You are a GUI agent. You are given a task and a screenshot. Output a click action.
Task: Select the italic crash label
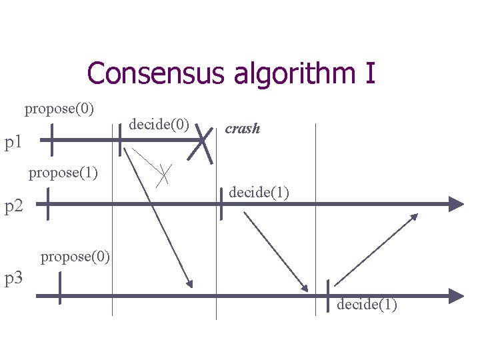click(242, 129)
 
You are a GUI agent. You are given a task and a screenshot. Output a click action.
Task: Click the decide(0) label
click(159, 124)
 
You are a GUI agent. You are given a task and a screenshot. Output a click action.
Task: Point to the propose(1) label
click(63, 174)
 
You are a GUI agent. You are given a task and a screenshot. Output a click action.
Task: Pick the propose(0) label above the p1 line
click(59, 108)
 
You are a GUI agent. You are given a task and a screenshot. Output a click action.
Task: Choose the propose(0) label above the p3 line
click(75, 256)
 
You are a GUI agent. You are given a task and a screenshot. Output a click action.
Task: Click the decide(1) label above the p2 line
click(259, 193)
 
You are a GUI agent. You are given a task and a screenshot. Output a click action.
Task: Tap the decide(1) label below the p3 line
click(367, 305)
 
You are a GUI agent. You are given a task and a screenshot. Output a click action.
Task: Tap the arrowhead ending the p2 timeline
click(457, 204)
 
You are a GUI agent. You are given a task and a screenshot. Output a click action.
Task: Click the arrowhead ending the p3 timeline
click(457, 295)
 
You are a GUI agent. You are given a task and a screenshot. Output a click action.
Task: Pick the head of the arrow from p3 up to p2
click(415, 217)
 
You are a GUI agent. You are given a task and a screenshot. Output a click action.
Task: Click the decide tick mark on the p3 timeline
click(328, 296)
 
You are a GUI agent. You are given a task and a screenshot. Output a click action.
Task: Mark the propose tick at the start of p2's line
click(47, 204)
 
